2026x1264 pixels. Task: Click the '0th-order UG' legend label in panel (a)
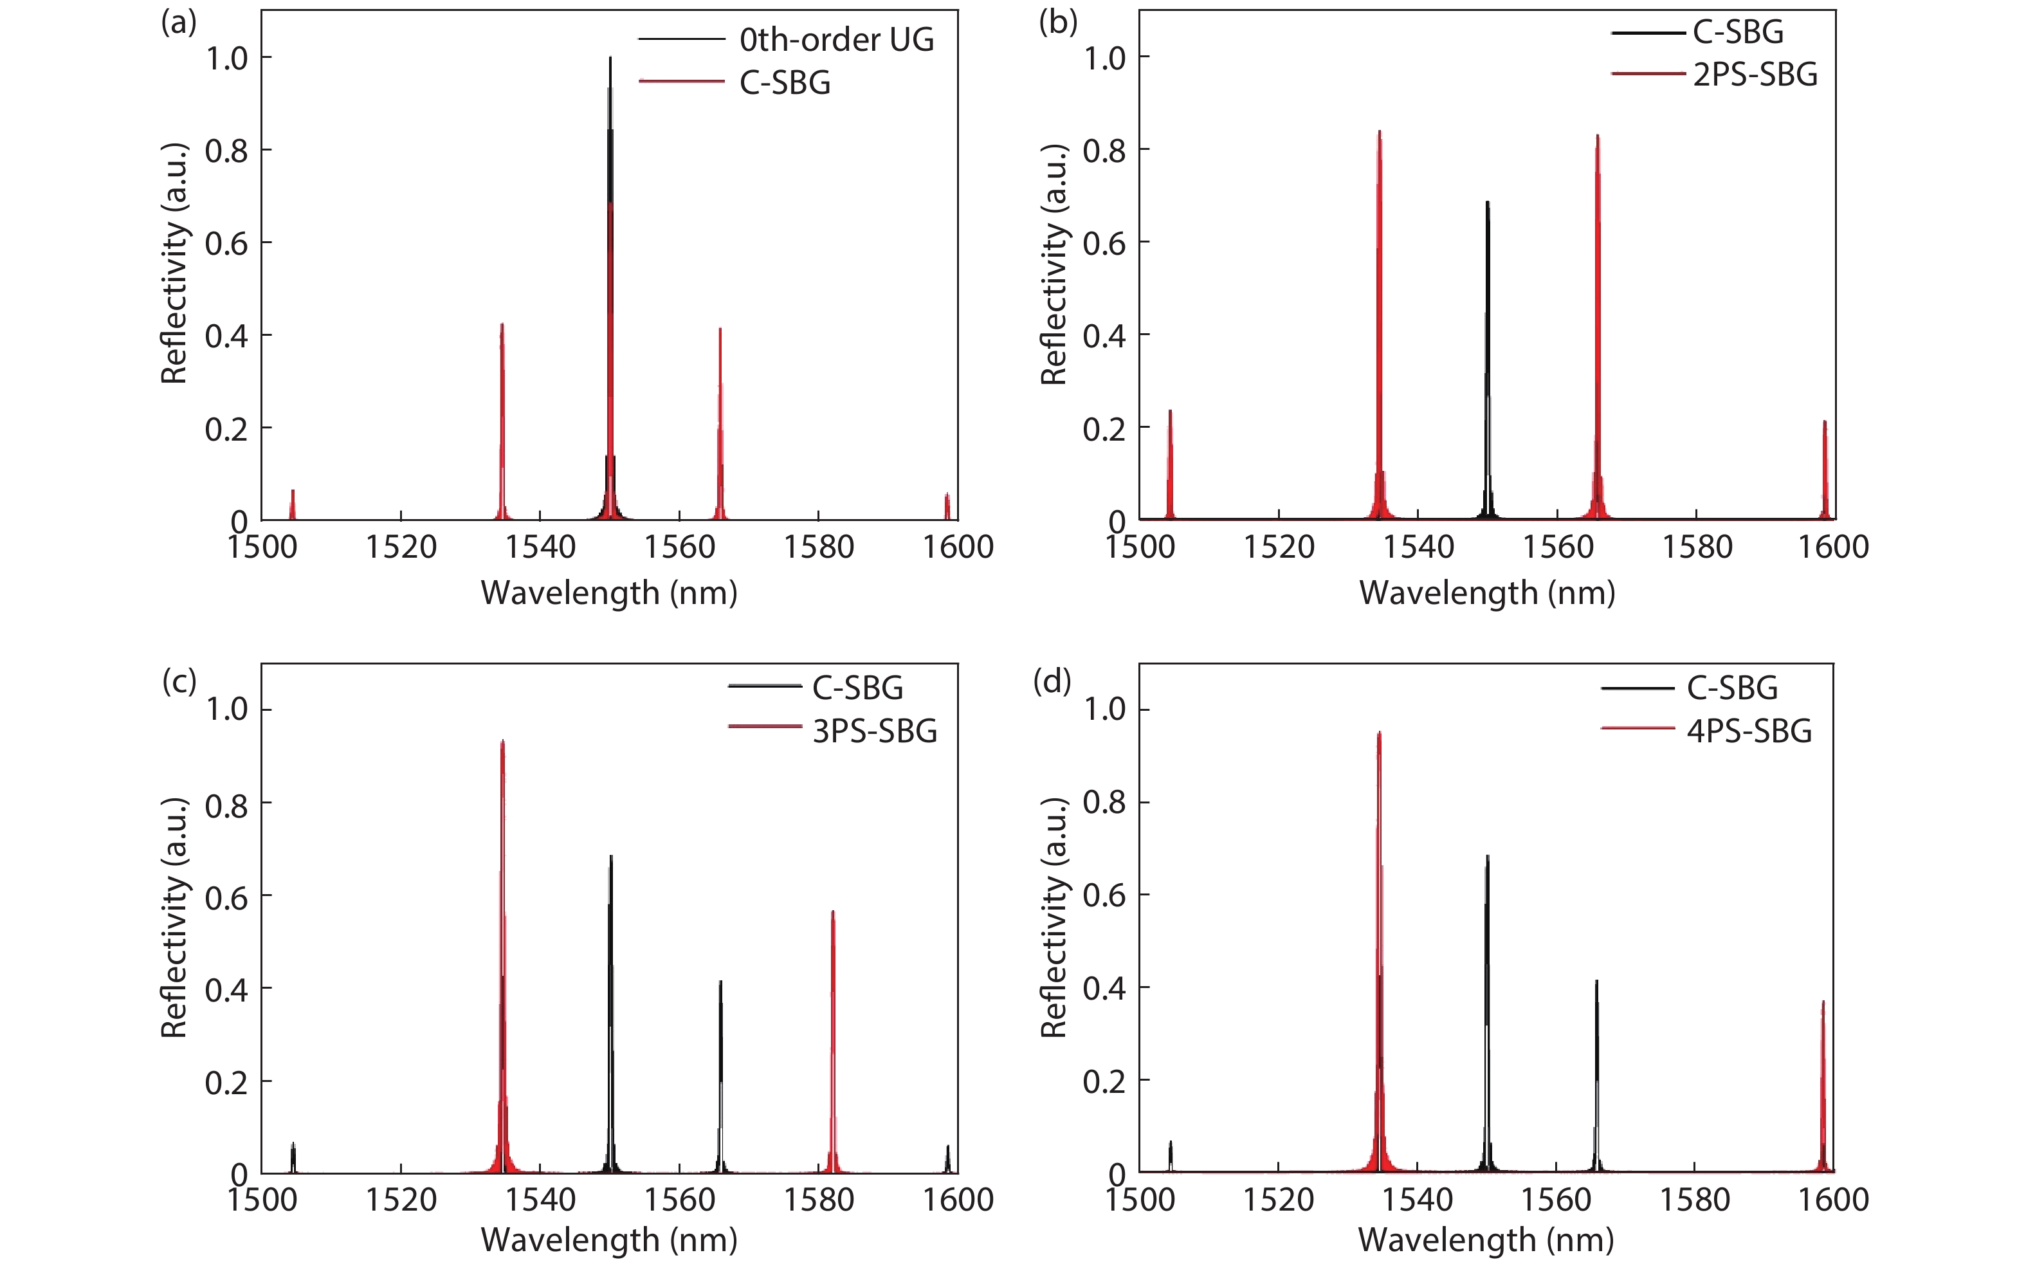tap(836, 39)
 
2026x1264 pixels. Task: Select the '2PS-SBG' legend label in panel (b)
tap(1755, 75)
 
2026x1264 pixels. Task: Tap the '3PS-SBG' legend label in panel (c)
tap(874, 731)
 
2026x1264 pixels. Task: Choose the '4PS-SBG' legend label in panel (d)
tap(1749, 731)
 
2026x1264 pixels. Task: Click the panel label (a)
tap(178, 23)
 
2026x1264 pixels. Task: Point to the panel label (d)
tap(1052, 682)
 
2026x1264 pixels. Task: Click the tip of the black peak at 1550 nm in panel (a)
tap(610, 58)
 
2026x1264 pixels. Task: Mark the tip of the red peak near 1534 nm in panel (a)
tap(502, 324)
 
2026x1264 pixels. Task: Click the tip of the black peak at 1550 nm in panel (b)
tap(1488, 201)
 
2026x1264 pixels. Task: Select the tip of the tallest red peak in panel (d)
tap(1378, 732)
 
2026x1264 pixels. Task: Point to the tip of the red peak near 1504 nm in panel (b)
tap(1169, 410)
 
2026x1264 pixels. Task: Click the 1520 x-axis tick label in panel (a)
tap(401, 547)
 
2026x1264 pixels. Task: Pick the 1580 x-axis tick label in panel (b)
tap(1696, 547)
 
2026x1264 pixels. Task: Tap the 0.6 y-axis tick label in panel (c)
tap(226, 897)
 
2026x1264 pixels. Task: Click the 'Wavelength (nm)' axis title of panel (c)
tap(608, 1240)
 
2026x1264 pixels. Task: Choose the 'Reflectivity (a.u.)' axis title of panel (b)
tap(1054, 264)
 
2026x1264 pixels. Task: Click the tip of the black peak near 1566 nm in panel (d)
tap(1596, 980)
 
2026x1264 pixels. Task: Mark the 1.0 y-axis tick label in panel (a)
tap(226, 58)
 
